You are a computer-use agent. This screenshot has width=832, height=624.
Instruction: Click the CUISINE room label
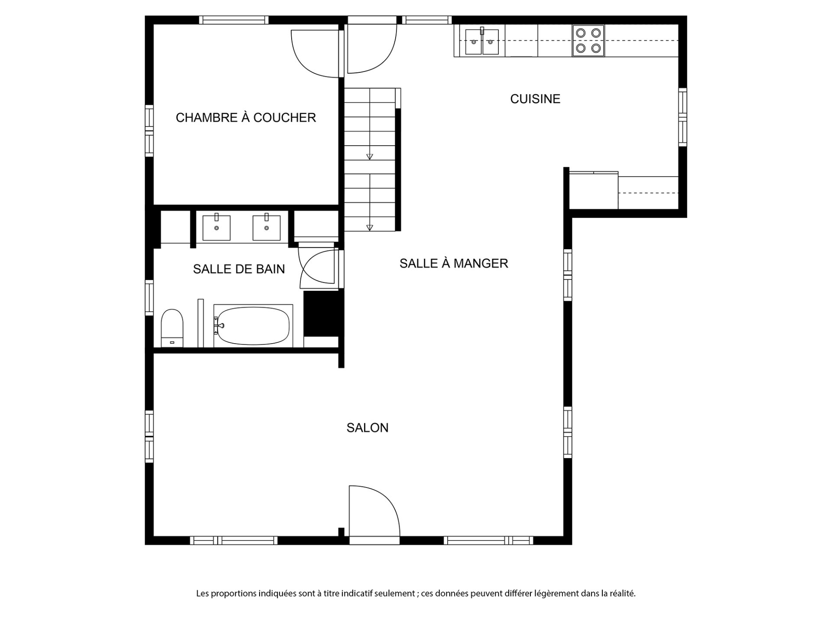tap(535, 99)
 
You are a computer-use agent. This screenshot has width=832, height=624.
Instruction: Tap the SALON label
tap(367, 428)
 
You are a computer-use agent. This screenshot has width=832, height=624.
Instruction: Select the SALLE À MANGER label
tap(454, 263)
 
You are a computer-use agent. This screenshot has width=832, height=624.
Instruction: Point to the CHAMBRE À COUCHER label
tap(246, 117)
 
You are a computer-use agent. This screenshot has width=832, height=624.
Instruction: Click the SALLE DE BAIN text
tap(239, 269)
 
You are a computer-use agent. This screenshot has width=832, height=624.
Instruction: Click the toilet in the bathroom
tap(172, 328)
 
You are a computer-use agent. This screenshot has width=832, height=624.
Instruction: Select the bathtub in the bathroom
tap(253, 326)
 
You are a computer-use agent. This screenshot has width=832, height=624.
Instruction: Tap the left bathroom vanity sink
tap(217, 227)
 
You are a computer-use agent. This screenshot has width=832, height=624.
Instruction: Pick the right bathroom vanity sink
tap(266, 227)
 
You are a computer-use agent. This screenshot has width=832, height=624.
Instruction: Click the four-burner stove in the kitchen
tap(588, 41)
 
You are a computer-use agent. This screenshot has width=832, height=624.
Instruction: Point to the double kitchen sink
tap(482, 42)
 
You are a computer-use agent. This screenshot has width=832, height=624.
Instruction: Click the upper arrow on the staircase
tap(370, 156)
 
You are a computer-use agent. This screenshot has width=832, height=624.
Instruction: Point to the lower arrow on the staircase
tap(370, 227)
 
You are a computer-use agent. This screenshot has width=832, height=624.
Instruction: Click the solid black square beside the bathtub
tap(321, 313)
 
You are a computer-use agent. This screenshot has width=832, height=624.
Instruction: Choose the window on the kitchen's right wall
tap(682, 117)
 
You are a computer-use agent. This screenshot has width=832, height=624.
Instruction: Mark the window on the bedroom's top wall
tap(234, 20)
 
